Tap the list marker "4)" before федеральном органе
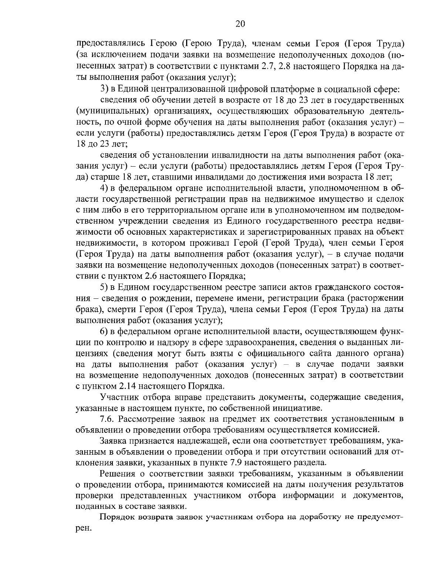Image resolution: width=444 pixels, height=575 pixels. coord(105,188)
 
